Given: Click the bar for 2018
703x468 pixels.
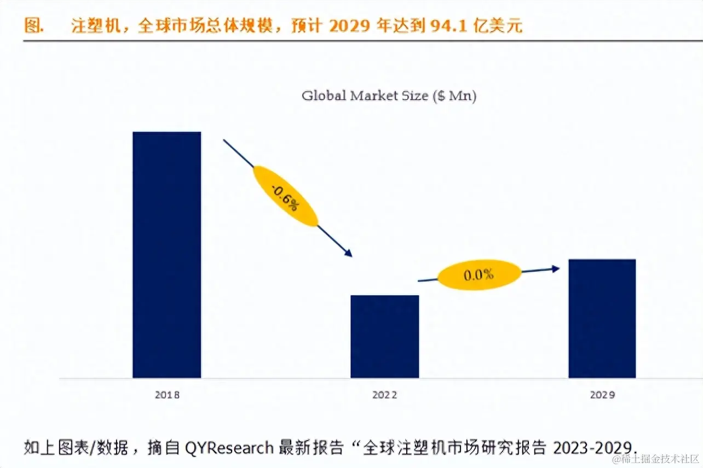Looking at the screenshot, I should pos(166,254).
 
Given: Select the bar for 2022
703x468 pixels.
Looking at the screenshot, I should pos(384,336).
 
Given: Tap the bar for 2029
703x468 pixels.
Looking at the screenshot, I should pos(602,318).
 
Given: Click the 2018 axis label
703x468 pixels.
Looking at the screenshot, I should pos(166,395).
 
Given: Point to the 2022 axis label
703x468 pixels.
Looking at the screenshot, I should pos(384,395).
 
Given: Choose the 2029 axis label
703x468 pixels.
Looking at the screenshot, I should pos(602,395).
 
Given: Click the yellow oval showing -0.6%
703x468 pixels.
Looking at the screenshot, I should pos(285,196).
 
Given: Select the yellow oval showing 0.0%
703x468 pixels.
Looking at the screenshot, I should pos(479,274).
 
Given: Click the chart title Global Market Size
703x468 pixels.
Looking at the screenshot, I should pos(389,96).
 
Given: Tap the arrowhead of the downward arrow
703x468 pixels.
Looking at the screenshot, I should pos(348,253).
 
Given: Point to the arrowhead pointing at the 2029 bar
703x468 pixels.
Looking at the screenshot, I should pos(556,268).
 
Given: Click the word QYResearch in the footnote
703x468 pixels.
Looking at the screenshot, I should pos(229,447).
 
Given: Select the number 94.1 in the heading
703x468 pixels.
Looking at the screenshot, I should pos(451,26).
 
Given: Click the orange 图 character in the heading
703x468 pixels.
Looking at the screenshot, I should pos(33,26).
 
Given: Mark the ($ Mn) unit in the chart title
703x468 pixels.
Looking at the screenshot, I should pos(454,96).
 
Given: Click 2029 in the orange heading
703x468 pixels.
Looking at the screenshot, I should pos(350,26).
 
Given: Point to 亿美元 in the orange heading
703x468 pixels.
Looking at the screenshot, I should pos(498,26).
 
